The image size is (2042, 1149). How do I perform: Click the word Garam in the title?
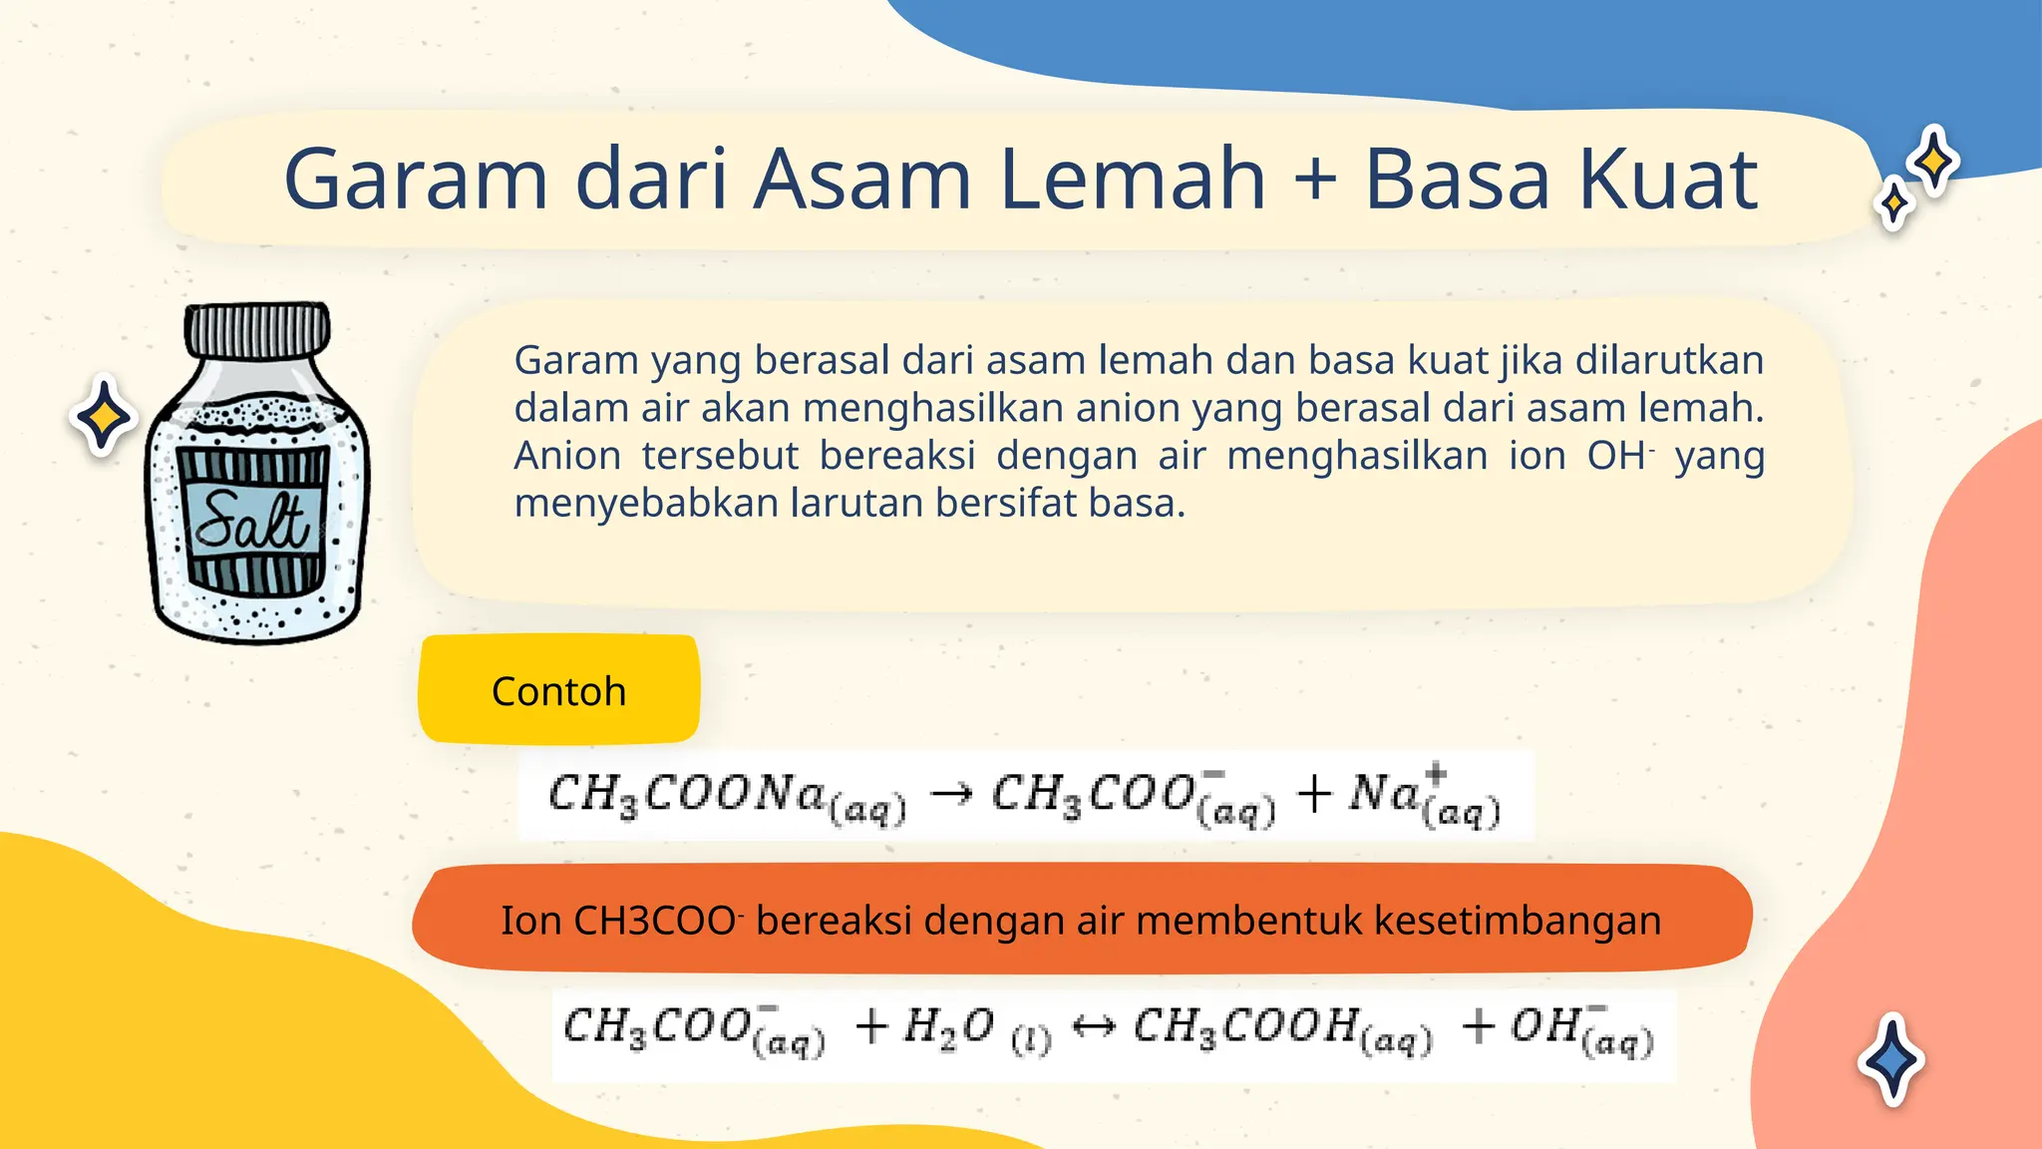(415, 180)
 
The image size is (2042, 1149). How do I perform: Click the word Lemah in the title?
(1133, 180)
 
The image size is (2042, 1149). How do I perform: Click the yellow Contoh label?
(558, 690)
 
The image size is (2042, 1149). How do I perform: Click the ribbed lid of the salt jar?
(257, 331)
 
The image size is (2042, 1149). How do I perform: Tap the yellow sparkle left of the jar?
(103, 417)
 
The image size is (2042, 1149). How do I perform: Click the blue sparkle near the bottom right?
(1890, 1059)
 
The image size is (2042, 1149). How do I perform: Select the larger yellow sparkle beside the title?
(1933, 161)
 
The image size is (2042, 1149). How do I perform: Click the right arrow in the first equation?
(950, 795)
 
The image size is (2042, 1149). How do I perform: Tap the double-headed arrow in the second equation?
(1093, 1026)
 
